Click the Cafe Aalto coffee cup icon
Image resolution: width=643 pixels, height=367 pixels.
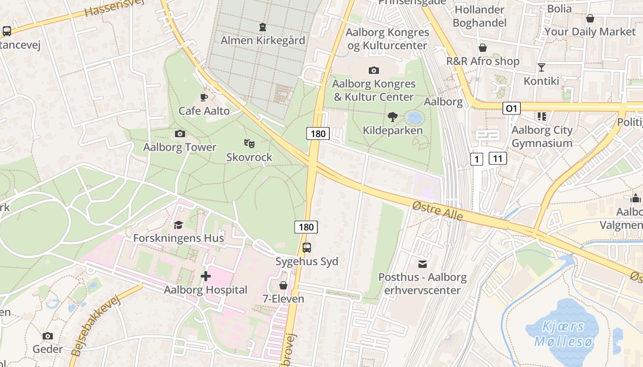coord(204,97)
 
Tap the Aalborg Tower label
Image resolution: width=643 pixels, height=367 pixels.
coord(180,147)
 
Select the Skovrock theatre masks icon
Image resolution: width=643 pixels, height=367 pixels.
coord(249,144)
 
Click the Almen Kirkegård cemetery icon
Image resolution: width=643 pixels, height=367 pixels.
coord(263,28)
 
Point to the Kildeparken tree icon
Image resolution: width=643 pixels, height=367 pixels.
coord(393,117)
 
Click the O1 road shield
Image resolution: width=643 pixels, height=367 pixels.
coord(512,108)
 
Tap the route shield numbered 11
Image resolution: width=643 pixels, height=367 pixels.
coord(498,159)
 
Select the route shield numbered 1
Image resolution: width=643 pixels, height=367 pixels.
coord(477,159)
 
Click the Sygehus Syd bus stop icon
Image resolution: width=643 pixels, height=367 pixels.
coord(307,248)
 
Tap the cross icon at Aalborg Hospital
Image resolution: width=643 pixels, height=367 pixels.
coord(206,276)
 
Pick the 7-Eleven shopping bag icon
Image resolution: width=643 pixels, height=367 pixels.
coord(283,285)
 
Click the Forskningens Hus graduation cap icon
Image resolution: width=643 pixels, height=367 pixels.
coord(178,225)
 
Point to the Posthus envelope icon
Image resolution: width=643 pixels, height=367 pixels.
coord(422,264)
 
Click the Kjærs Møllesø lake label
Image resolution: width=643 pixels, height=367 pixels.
coord(564,334)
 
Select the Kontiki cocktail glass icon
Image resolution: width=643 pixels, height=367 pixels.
coord(541,67)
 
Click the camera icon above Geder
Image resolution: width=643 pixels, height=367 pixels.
coord(48,336)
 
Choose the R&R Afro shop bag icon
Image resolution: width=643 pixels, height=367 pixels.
coord(483,48)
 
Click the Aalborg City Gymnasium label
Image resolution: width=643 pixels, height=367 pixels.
coord(542,136)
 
